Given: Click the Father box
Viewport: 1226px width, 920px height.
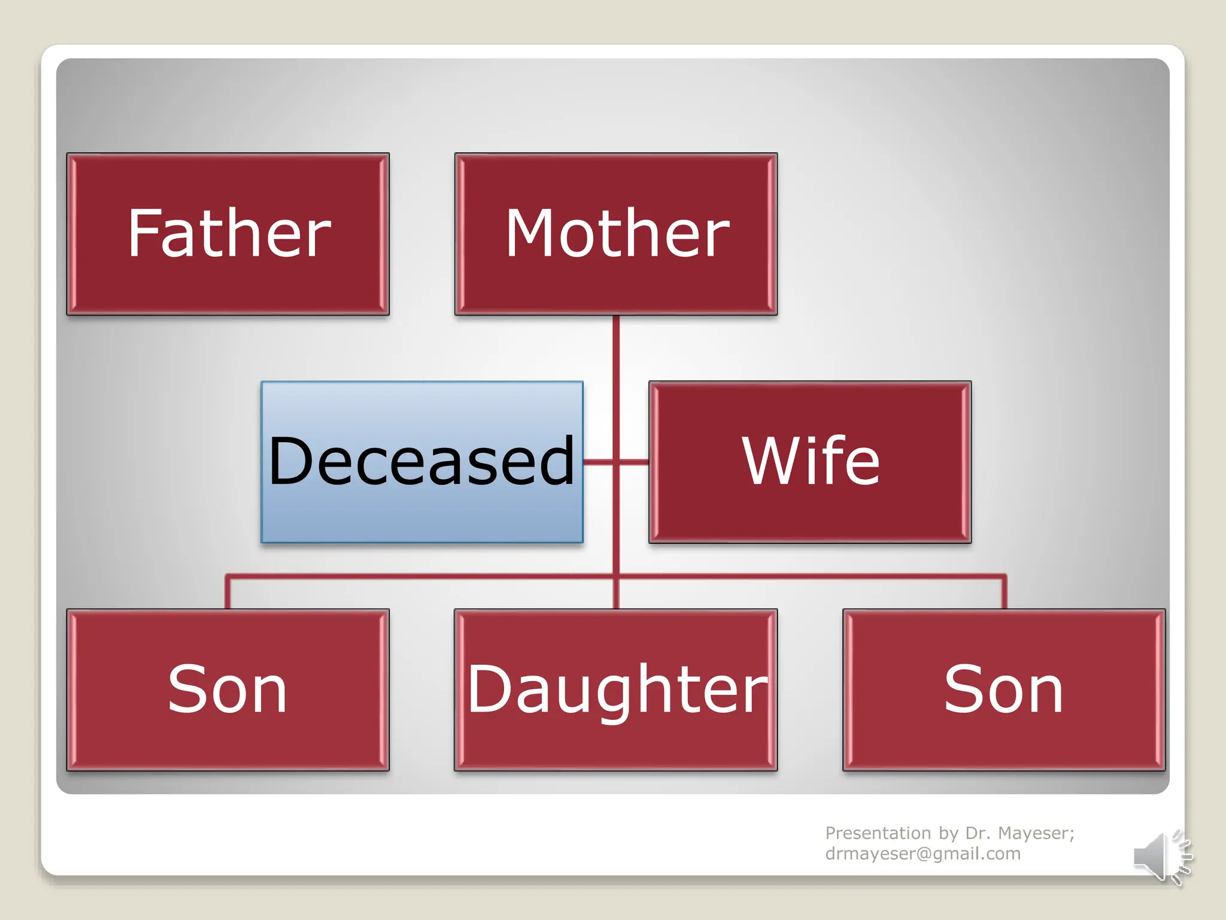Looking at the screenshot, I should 227,234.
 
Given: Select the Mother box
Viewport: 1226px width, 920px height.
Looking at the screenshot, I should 615,234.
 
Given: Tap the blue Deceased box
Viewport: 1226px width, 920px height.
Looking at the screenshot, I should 422,462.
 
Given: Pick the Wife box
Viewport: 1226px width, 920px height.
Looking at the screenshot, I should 810,462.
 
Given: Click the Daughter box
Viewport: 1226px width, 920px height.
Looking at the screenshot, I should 615,690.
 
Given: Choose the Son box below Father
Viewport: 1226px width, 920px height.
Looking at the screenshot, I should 227,690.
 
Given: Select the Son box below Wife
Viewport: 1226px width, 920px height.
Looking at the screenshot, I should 1003,690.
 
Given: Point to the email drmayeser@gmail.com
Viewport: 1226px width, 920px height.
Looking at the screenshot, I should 922,854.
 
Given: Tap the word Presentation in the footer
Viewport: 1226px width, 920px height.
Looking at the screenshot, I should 878,833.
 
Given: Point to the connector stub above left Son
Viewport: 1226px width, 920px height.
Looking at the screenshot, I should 227,593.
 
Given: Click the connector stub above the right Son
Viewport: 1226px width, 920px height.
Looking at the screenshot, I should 1004,593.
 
